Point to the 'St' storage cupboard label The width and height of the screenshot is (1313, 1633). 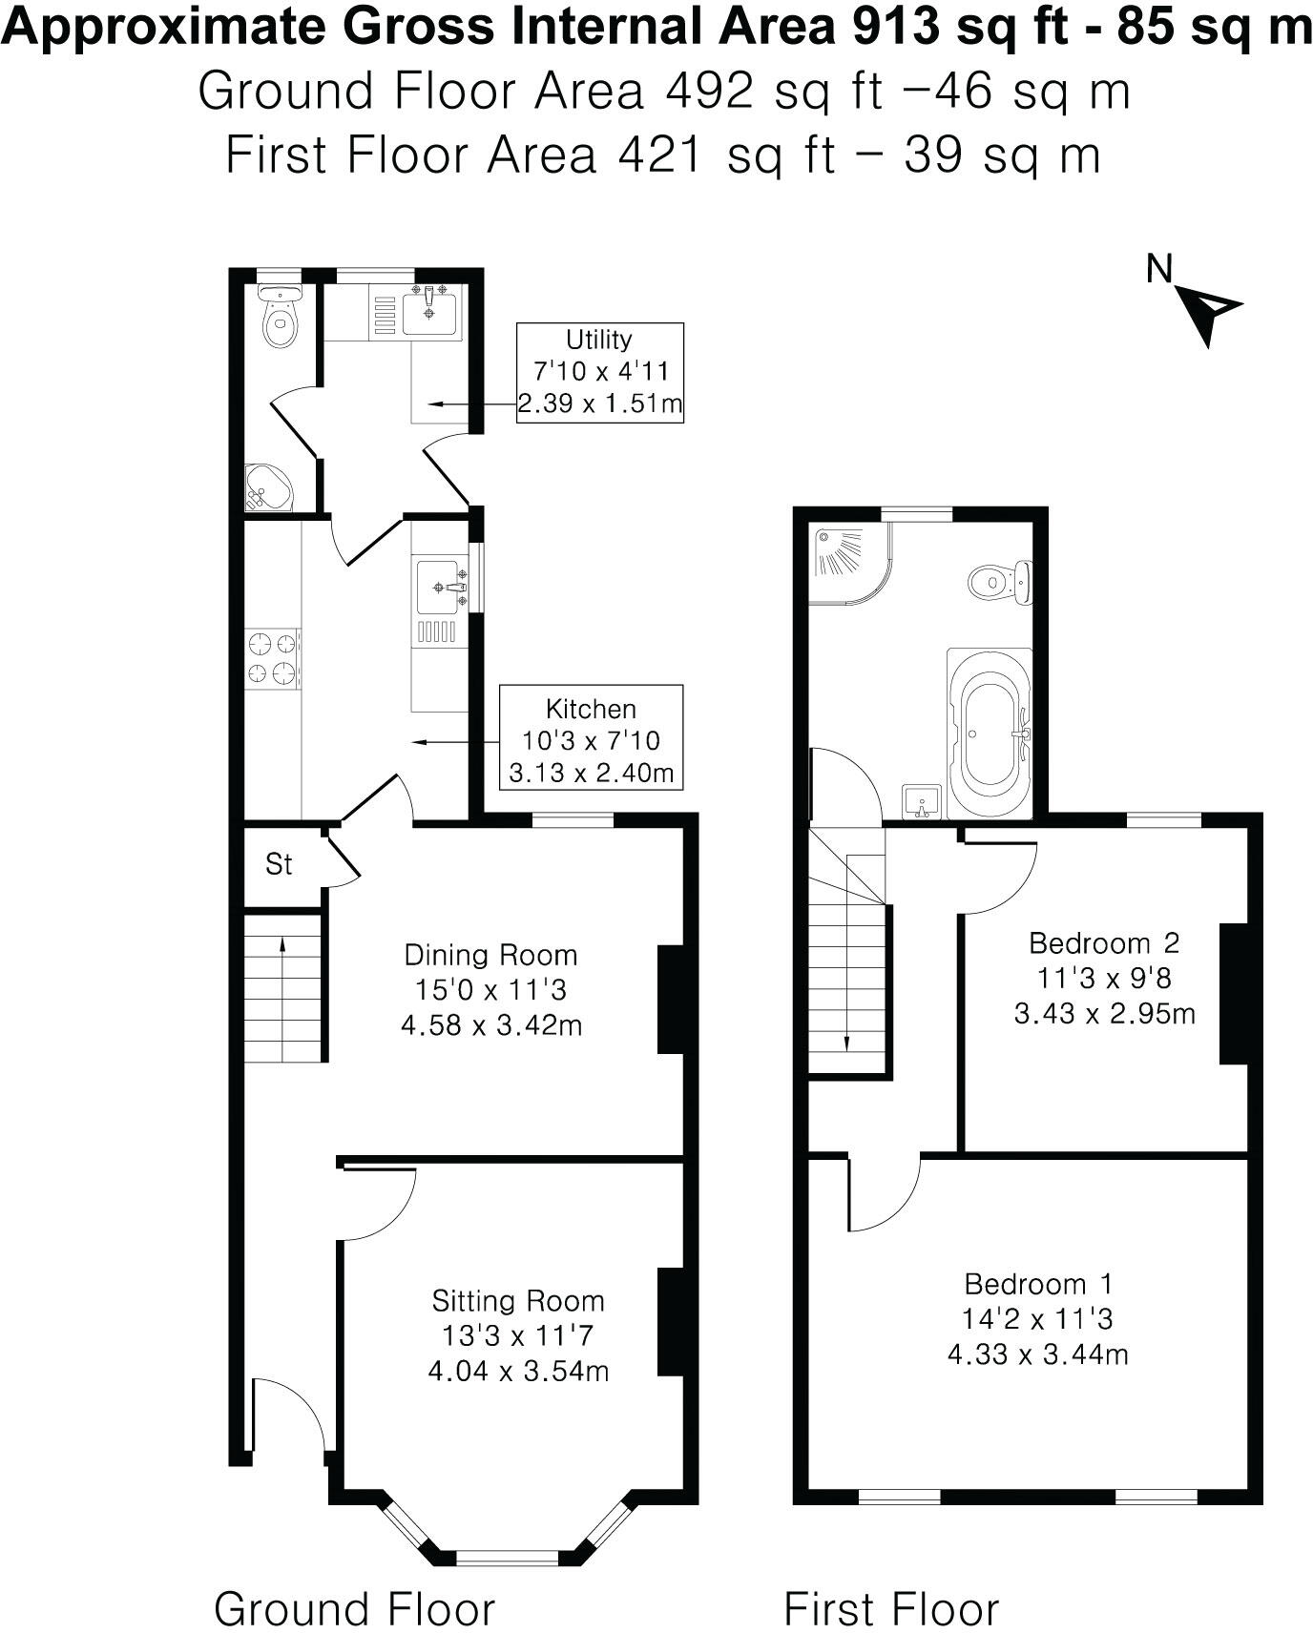[279, 864]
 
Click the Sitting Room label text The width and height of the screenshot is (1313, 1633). [518, 1300]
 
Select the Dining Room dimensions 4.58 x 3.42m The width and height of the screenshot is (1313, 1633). [491, 1025]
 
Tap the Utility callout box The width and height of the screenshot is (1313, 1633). [600, 371]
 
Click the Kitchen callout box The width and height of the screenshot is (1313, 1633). [591, 739]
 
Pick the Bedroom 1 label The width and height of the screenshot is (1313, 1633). [1037, 1283]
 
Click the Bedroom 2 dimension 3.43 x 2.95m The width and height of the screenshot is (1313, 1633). [1104, 1013]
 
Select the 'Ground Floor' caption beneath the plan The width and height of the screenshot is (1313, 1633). [354, 1582]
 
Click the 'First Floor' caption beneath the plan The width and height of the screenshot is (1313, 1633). [891, 1582]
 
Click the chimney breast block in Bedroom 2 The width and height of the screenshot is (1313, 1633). [1234, 993]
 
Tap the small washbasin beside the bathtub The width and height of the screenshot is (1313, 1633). [922, 802]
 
